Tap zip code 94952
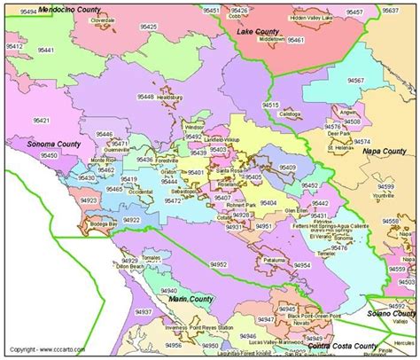219,264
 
